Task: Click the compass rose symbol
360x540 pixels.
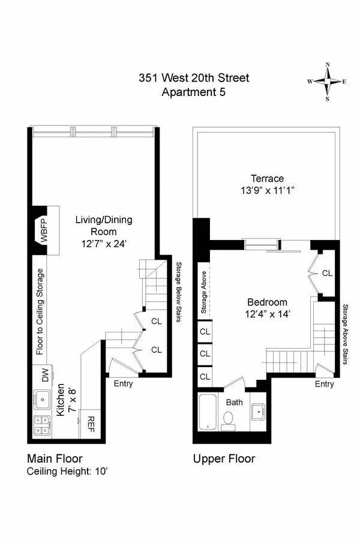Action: (x=327, y=81)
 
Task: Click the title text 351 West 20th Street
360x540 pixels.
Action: (x=193, y=78)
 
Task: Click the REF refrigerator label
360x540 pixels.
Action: (x=92, y=425)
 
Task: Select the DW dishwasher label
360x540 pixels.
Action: (x=45, y=376)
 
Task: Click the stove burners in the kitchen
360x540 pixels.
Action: (x=41, y=425)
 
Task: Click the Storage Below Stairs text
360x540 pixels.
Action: (x=178, y=292)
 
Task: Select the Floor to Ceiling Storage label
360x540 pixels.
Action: (x=40, y=312)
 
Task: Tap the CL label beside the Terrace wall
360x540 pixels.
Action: (x=327, y=273)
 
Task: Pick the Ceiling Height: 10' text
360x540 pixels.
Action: (x=67, y=471)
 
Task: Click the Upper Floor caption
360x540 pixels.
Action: (x=224, y=459)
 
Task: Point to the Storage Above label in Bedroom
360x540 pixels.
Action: (x=204, y=295)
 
